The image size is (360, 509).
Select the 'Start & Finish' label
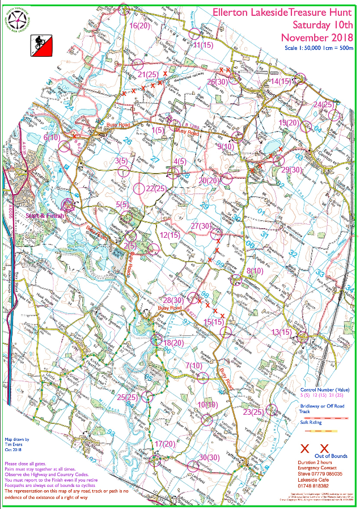click(45, 216)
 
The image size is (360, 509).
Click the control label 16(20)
click(139, 26)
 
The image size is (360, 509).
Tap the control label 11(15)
click(203, 44)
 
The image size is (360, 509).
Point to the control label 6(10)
click(52, 137)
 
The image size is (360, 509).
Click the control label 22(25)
click(155, 188)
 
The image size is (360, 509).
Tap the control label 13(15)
click(282, 331)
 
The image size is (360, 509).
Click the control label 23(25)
click(253, 412)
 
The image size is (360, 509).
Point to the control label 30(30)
click(209, 457)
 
